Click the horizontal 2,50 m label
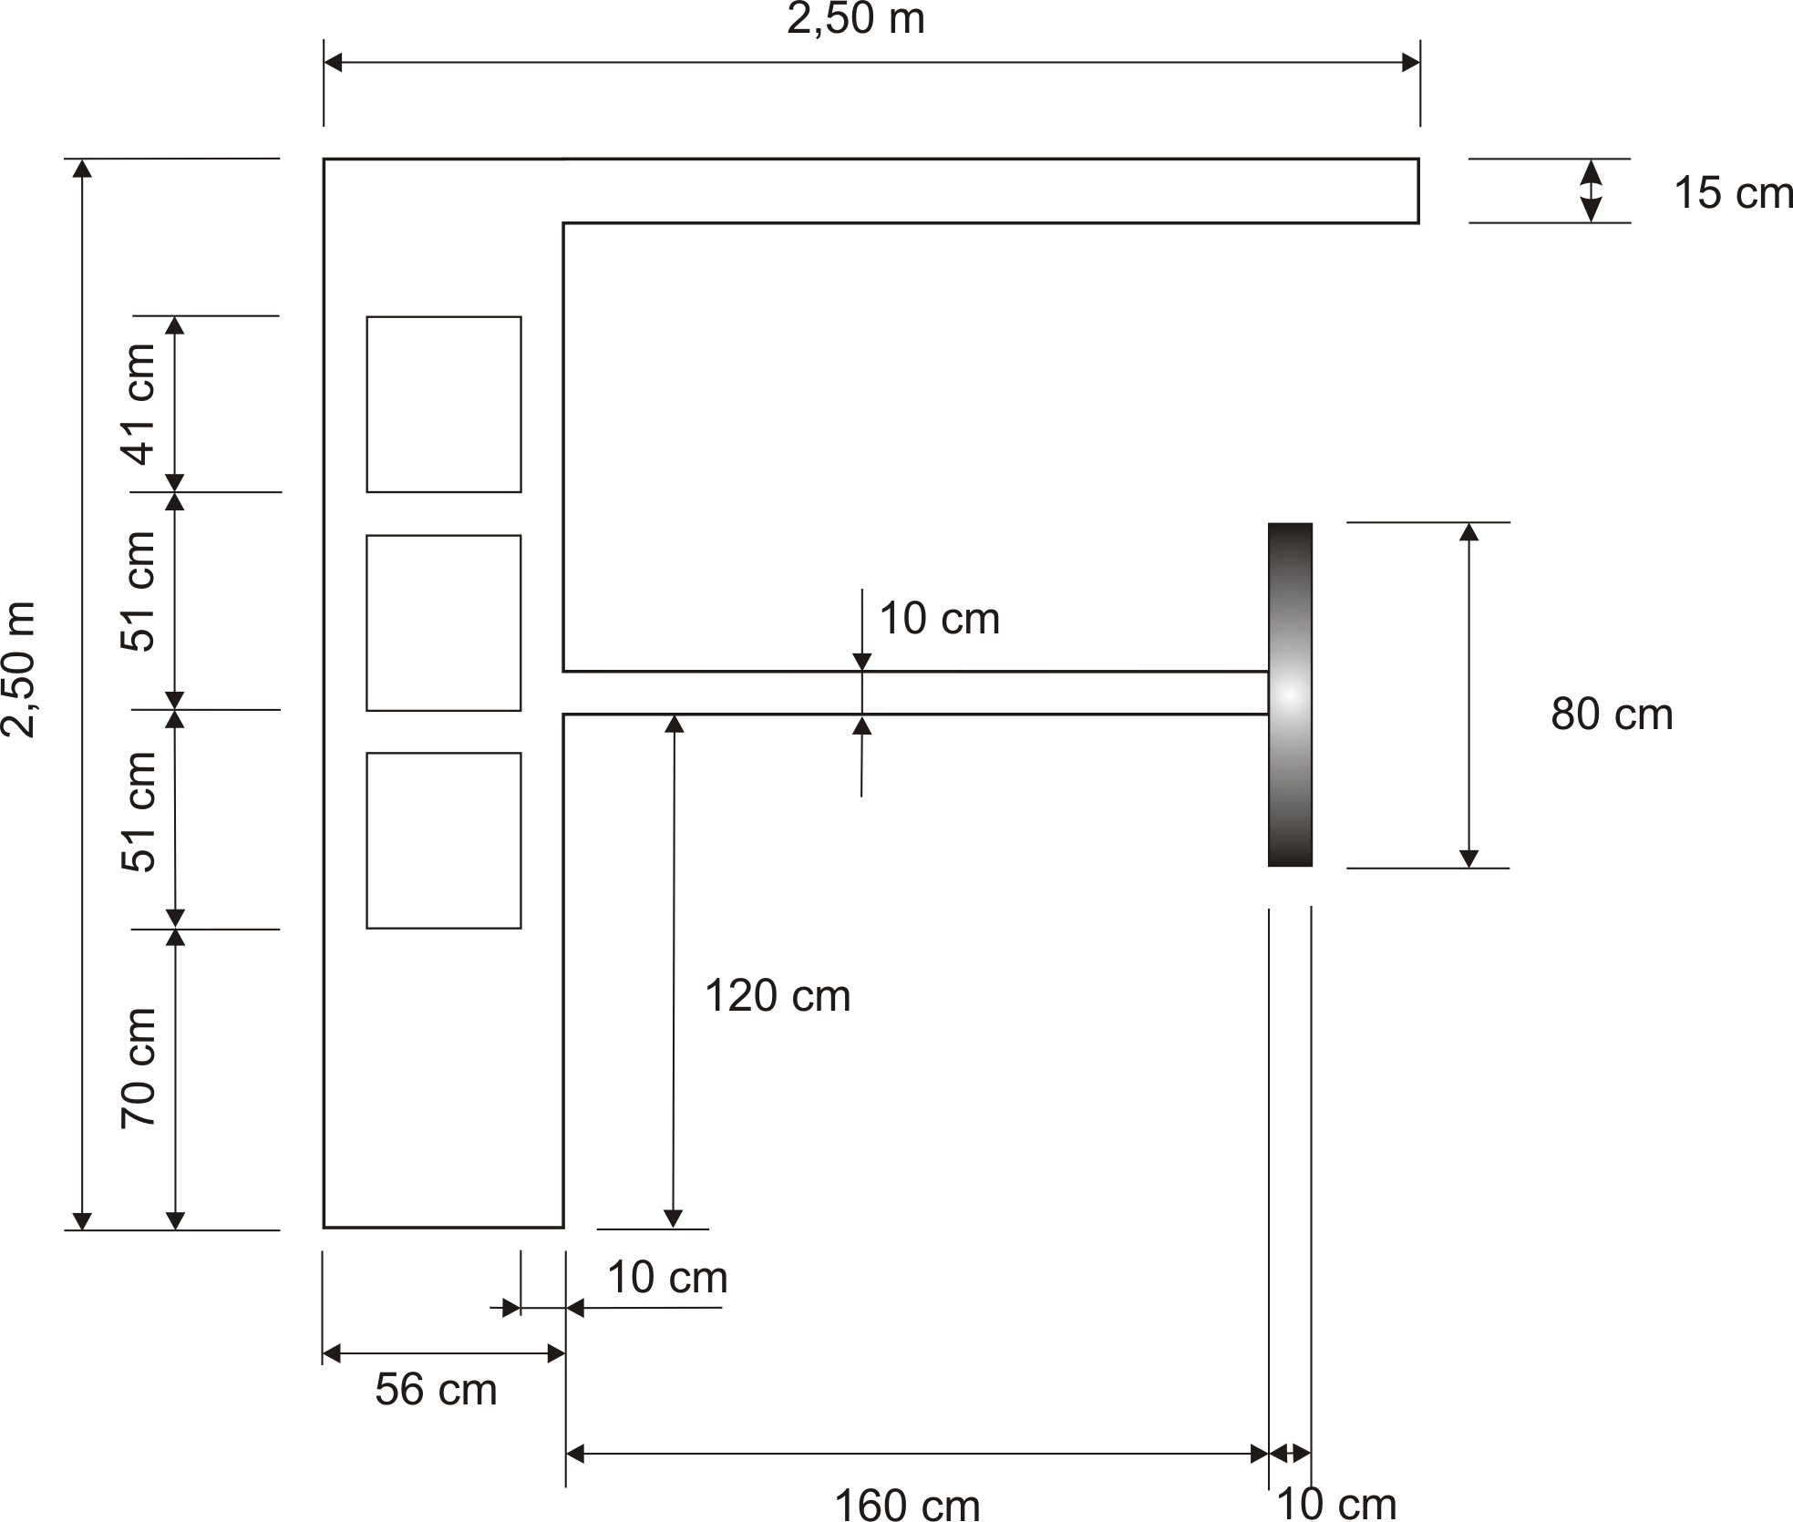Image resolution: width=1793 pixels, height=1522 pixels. [x=856, y=18]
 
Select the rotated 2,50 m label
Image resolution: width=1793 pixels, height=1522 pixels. [x=18, y=669]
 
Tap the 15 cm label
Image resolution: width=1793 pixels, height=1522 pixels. [x=1734, y=193]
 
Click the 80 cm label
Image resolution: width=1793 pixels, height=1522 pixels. [x=1612, y=715]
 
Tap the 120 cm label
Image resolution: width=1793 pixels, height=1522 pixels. [x=778, y=995]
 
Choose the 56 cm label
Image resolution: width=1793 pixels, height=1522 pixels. [x=436, y=1390]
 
